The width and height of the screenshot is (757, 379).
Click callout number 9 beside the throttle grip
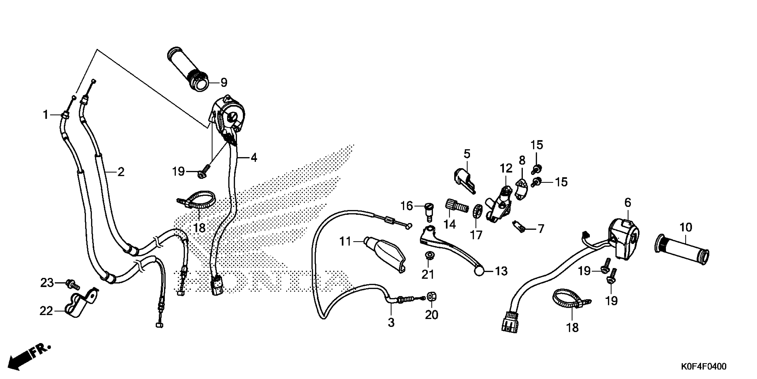(224, 83)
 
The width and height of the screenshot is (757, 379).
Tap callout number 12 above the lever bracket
(506, 169)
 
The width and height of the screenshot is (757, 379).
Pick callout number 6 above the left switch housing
(627, 202)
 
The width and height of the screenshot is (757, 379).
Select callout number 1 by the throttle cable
(46, 115)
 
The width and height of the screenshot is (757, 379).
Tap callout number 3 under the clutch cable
(391, 323)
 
